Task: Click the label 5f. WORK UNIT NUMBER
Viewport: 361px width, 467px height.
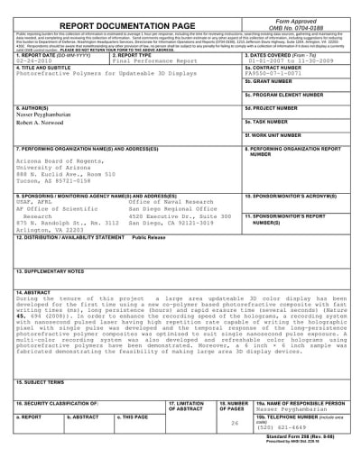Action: [275, 160]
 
